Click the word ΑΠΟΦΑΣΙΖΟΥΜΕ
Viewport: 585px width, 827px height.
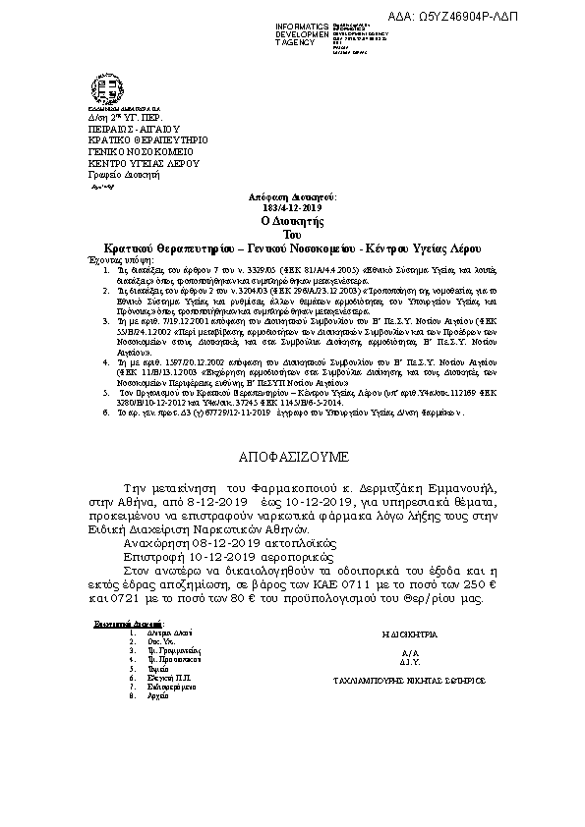click(x=292, y=458)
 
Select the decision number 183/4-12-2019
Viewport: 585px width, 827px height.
click(x=292, y=208)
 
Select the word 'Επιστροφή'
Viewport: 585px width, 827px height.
click(x=158, y=555)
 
